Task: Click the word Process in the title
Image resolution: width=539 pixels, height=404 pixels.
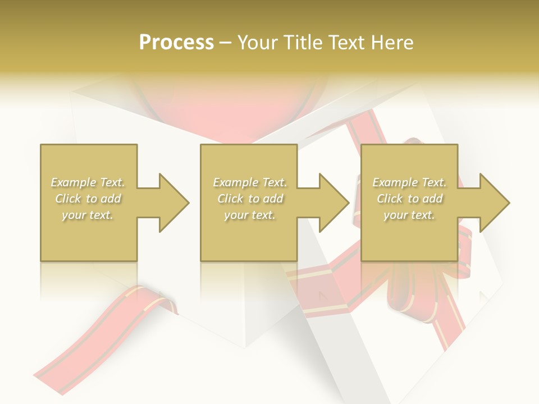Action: (176, 43)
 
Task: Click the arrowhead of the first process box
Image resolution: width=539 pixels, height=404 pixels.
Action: (174, 203)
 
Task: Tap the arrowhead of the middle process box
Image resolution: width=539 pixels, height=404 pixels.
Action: (334, 203)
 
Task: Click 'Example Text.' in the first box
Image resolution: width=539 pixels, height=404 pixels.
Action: (88, 182)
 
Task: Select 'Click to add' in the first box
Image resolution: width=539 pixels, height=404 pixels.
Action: (88, 199)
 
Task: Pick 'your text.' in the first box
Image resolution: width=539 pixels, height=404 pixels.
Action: (88, 215)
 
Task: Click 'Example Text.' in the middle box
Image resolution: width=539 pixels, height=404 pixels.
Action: (249, 182)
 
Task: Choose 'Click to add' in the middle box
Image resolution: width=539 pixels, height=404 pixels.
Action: (250, 199)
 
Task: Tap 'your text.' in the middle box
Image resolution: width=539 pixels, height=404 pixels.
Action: (249, 215)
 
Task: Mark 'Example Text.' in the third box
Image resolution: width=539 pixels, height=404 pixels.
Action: (409, 182)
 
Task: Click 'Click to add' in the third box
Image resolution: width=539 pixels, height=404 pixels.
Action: (409, 199)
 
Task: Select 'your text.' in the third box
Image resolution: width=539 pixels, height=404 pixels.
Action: (409, 215)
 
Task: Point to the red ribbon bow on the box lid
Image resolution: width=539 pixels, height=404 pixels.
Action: (404, 281)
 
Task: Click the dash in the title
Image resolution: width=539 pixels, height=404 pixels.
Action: (226, 43)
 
